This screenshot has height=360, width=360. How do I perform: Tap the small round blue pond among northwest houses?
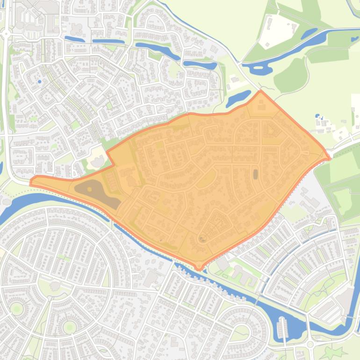(39, 82)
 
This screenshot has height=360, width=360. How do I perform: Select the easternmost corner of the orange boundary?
(329, 158)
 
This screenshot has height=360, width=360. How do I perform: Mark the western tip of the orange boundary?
(31, 182)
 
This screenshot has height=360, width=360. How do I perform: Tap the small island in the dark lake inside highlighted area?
(89, 189)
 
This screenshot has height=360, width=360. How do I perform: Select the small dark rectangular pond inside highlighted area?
(255, 174)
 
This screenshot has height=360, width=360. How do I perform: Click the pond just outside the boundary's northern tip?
(238, 98)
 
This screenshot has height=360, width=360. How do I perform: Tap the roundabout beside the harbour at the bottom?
(310, 345)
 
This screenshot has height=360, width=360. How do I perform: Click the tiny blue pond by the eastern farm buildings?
(318, 116)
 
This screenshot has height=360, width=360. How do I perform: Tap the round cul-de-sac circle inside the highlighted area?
(202, 239)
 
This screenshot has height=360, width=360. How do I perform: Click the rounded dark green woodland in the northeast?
(290, 75)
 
